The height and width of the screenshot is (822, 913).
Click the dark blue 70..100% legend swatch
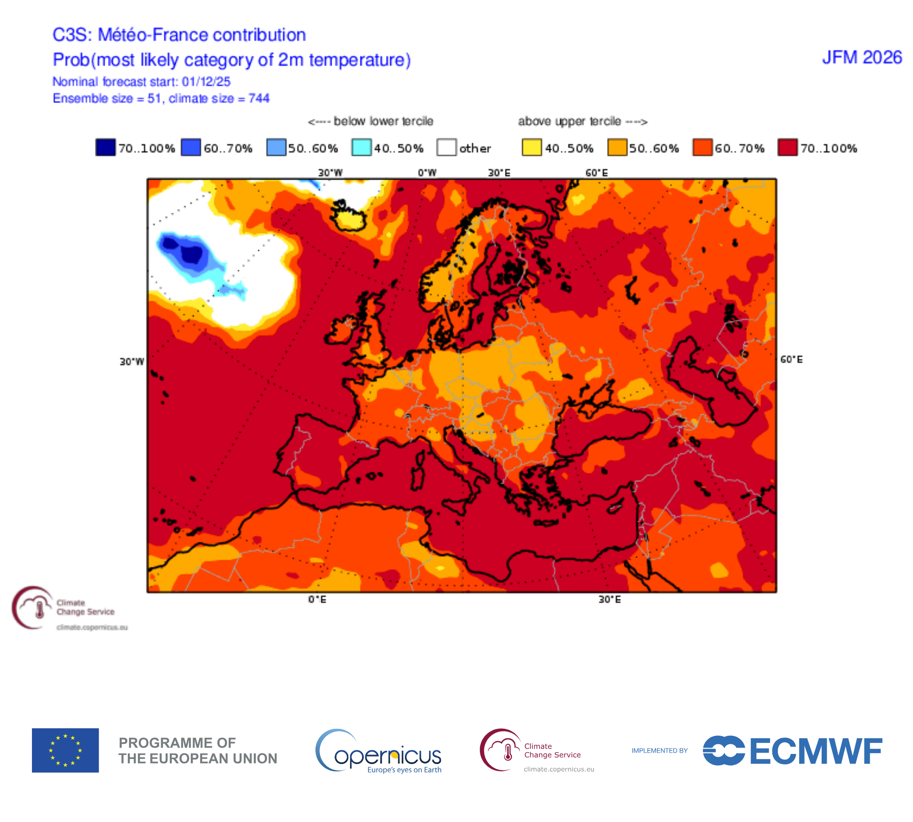[105, 148]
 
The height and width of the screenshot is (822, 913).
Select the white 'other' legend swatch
[446, 148]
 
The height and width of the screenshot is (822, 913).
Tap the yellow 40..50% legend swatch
[531, 148]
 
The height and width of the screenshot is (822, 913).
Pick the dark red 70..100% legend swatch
[787, 148]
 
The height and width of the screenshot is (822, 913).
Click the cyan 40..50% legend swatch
[361, 148]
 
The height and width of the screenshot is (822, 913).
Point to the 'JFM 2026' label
[862, 58]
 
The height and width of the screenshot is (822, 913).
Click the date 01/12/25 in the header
[206, 82]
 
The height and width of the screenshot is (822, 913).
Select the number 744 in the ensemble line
[259, 99]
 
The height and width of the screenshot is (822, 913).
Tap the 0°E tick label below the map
[317, 599]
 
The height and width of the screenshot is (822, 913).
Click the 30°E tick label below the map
[609, 599]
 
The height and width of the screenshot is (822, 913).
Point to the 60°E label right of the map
[791, 360]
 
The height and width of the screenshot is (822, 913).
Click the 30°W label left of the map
[131, 362]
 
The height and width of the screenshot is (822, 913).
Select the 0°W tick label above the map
[427, 173]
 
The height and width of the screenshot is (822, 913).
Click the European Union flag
[65, 750]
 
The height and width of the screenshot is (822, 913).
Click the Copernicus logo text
[388, 756]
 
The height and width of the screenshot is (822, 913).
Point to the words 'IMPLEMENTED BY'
[659, 751]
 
